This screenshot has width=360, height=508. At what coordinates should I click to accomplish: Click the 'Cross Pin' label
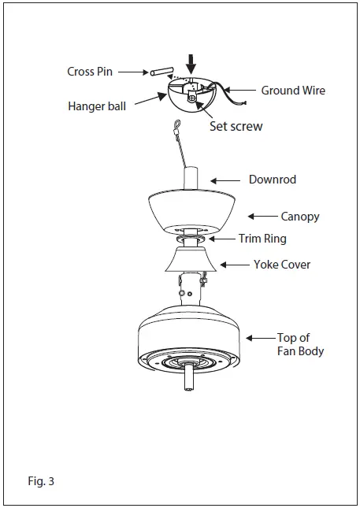pos(90,72)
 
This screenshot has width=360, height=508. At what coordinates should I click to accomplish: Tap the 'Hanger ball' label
pos(98,106)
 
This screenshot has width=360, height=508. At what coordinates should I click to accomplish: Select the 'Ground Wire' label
pos(293,91)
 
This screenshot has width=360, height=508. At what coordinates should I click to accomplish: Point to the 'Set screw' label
pos(236,126)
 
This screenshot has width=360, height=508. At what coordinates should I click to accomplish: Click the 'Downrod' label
pos(273,180)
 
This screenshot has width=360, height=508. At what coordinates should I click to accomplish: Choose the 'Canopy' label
pos(300,216)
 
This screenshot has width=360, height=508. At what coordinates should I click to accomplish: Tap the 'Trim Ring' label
pos(262,239)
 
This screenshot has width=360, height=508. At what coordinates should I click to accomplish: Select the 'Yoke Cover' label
pos(282,265)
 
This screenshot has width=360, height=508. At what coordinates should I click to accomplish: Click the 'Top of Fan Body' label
pos(300,344)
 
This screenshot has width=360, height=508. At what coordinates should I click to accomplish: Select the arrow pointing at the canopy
pos(261,216)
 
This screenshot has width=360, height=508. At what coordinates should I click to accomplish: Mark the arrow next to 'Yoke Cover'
pos(232,265)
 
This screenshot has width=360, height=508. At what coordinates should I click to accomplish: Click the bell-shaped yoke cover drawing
pos(192,260)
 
